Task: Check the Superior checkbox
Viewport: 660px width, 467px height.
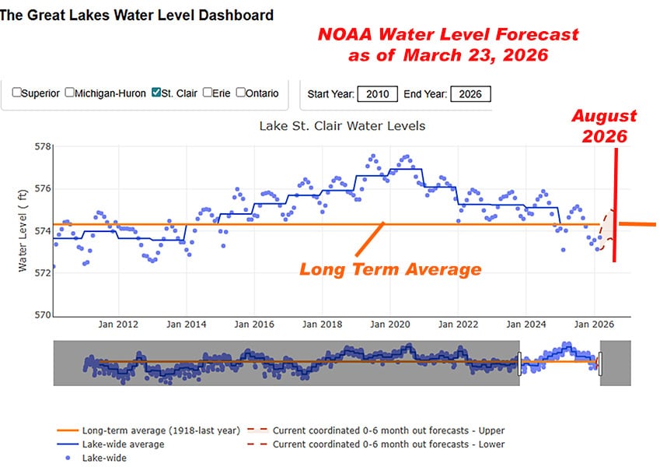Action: (x=16, y=93)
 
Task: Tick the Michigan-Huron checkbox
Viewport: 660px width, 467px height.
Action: (x=70, y=93)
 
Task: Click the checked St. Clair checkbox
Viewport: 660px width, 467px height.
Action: (x=156, y=93)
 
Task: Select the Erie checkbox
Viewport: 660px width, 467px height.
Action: (x=208, y=93)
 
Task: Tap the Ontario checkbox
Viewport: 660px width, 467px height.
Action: (x=240, y=93)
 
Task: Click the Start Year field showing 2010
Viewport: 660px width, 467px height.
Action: (x=378, y=94)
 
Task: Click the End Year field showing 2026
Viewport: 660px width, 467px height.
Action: (x=470, y=94)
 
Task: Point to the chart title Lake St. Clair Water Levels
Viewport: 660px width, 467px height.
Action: (x=341, y=125)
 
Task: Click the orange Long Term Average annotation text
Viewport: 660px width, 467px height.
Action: (x=390, y=270)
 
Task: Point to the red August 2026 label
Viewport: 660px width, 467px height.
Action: (x=604, y=125)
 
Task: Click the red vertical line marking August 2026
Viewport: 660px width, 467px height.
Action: (x=615, y=202)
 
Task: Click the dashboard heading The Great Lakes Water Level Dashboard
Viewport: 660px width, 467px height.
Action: (x=137, y=15)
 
